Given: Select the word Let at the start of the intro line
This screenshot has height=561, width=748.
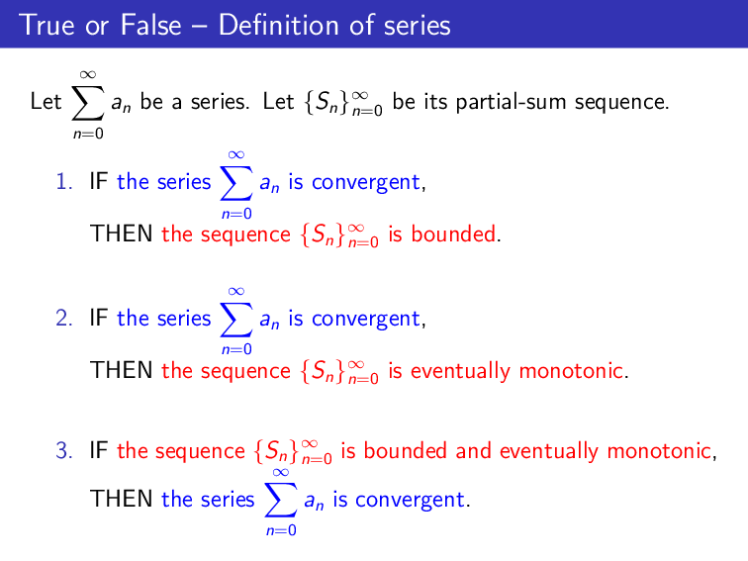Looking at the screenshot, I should pos(46,101).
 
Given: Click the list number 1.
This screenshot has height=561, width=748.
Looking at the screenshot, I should pos(63,182).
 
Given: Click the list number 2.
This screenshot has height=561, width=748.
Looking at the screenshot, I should pos(63,319).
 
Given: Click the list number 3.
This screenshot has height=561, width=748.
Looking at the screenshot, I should pos(63,452).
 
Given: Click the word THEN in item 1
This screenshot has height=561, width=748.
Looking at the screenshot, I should pos(122,234).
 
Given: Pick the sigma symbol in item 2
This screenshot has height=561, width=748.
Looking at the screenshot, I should pos(235,319).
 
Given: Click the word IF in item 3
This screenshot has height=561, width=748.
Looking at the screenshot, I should pos(98,452).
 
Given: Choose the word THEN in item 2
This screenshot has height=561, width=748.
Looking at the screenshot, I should pos(122,371).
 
